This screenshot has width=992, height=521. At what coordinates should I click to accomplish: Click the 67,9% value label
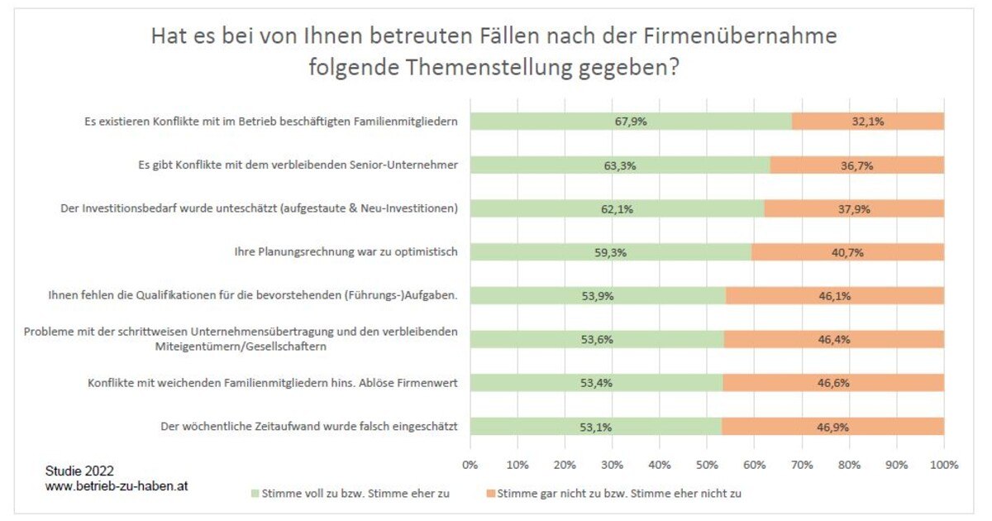coord(631,122)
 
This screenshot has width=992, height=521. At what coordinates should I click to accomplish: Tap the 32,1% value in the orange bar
coord(867,122)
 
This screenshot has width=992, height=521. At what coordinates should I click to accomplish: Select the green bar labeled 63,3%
coord(619,165)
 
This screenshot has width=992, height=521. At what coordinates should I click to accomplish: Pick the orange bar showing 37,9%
coord(853,208)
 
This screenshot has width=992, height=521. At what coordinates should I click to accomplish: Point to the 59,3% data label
coord(610,252)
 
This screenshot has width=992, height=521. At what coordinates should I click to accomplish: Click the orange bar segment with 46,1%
coord(834,295)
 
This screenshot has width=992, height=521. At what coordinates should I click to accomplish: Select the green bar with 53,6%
coord(596,339)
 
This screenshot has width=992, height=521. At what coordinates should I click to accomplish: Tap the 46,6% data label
coord(833,383)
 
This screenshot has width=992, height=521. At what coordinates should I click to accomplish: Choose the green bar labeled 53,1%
coord(595,427)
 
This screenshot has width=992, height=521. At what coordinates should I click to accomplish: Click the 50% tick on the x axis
coord(707,465)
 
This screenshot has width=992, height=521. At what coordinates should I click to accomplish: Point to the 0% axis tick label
coord(470,465)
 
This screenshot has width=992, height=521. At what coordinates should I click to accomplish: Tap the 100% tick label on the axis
coord(943,465)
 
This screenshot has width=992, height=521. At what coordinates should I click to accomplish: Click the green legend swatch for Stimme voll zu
coord(254,494)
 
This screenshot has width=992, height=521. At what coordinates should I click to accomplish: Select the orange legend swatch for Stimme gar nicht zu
coord(490,494)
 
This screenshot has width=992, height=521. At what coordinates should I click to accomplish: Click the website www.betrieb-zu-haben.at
coord(117,486)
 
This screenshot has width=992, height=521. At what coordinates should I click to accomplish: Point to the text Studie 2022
coord(79,471)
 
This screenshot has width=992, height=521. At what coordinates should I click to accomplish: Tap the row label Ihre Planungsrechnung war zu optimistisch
coord(346,251)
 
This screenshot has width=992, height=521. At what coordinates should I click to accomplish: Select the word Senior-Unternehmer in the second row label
coord(403,165)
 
